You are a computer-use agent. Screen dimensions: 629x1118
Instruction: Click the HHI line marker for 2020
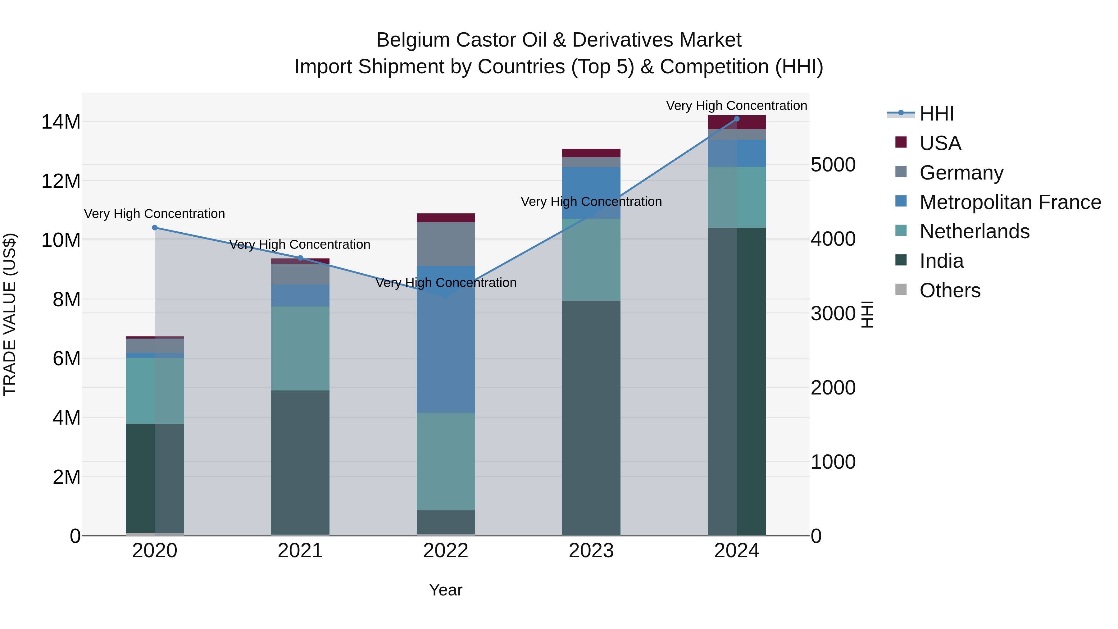155,227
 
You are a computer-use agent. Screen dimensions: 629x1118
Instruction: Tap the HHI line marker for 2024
737,119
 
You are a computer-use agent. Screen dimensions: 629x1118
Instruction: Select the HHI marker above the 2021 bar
300,258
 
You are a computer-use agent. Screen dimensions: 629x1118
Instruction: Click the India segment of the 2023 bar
591,417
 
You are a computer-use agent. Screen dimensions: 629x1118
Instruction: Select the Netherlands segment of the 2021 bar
300,348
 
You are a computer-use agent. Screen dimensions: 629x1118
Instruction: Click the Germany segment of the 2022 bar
446,244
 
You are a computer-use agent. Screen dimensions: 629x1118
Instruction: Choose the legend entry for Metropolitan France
1010,202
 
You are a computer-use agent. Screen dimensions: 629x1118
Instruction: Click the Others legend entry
950,290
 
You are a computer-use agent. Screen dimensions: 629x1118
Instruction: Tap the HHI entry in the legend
937,114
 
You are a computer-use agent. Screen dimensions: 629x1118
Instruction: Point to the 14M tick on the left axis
61,122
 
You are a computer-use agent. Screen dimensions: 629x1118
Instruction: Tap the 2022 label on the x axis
446,551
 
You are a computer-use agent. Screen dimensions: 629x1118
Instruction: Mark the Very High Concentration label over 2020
155,214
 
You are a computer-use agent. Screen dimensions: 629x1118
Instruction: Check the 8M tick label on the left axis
66,299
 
